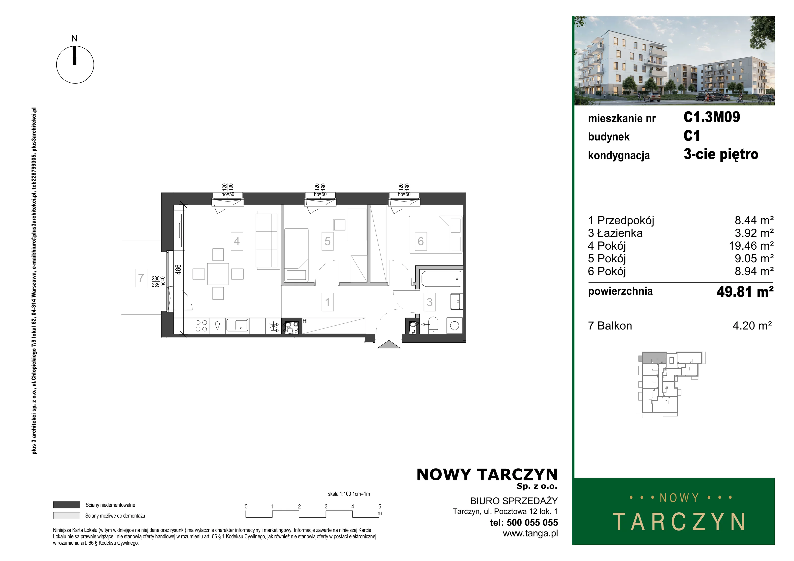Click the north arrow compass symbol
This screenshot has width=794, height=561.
(75, 65)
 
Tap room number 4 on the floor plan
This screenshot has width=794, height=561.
(237, 241)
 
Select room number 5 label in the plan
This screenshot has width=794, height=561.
(328, 241)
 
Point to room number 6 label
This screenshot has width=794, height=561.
(421, 241)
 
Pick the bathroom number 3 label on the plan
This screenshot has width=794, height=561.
(430, 302)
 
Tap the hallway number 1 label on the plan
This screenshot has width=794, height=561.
(328, 302)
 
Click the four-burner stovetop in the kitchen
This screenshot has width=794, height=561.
(201, 326)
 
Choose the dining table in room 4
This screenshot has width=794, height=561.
(218, 274)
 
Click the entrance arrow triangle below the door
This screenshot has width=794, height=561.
(389, 344)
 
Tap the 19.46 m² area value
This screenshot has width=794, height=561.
(751, 246)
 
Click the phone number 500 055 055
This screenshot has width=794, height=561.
(532, 523)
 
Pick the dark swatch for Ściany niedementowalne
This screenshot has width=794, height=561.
(66, 505)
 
